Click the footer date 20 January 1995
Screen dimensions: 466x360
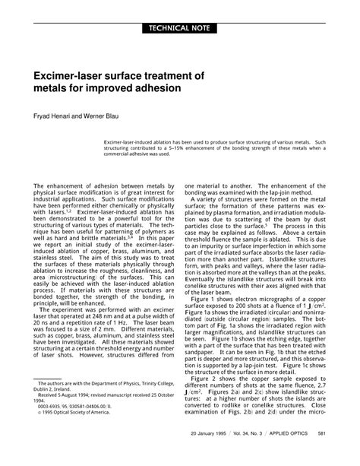pos(216,454)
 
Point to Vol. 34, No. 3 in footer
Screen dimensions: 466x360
pos(263,454)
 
